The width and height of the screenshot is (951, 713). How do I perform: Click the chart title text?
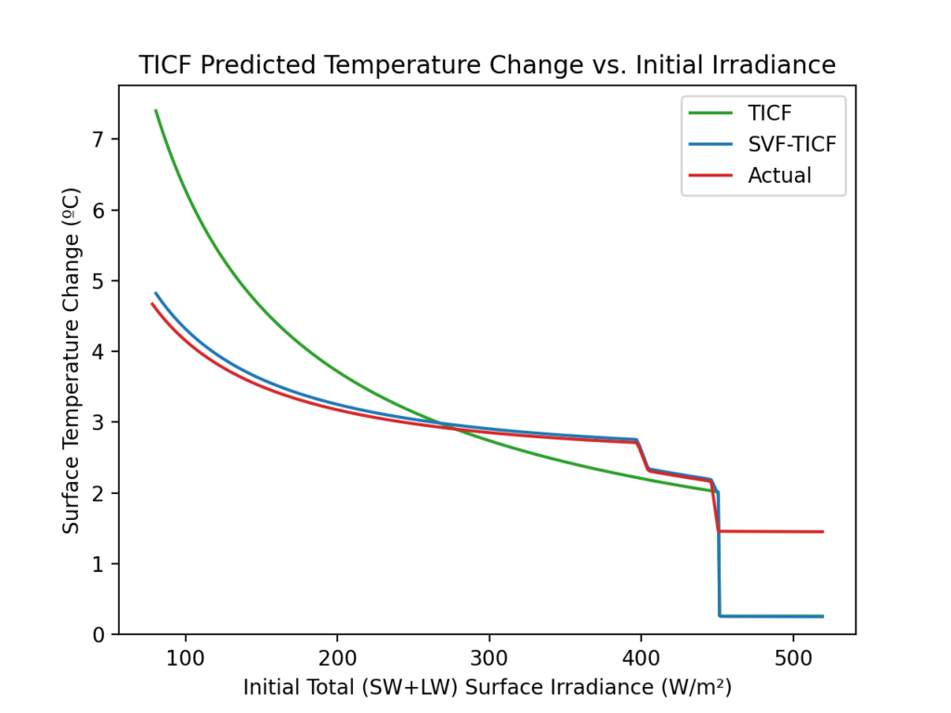(487, 66)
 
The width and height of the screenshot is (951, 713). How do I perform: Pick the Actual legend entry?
(779, 175)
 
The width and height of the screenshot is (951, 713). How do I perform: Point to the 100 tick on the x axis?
(186, 655)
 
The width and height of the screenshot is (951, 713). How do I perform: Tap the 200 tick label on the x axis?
(337, 655)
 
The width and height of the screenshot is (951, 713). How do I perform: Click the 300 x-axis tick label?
(489, 655)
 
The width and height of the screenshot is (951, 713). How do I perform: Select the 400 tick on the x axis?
(641, 655)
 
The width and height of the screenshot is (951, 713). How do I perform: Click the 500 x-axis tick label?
(793, 655)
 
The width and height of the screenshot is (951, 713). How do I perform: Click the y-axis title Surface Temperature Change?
(72, 360)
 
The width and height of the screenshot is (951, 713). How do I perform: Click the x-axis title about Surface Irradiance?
(487, 688)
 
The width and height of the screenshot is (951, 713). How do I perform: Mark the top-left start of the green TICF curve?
(156, 110)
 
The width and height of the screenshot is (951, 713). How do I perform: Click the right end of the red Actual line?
(823, 532)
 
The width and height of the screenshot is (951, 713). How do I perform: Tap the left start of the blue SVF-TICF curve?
(156, 293)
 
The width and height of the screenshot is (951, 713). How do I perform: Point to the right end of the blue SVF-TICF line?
(823, 616)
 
